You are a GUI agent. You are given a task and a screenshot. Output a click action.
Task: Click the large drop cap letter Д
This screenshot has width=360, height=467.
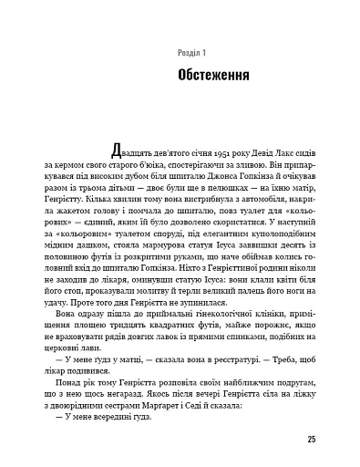point(115,151)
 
